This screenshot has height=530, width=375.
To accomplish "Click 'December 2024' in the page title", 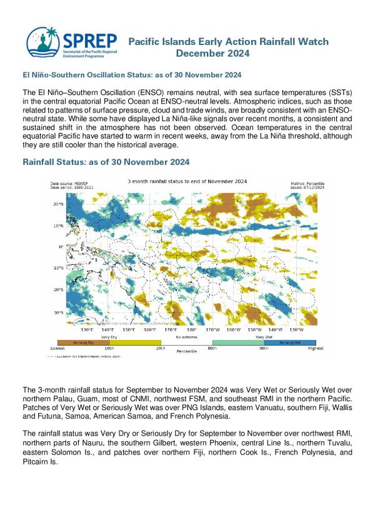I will pos(213,54).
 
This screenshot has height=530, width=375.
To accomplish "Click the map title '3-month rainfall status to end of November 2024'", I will pos(187,182).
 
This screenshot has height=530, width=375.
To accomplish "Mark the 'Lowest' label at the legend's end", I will pos(57,347).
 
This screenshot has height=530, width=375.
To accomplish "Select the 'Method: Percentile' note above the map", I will pos(306,182).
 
